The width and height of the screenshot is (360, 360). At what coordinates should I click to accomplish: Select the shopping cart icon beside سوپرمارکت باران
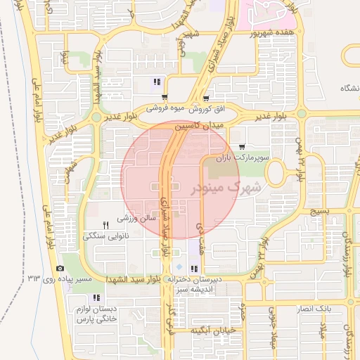click(x=243, y=147)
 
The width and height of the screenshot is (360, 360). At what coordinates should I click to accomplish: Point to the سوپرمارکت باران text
click(x=243, y=158)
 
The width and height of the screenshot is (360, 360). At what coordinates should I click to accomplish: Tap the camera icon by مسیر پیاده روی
click(x=60, y=269)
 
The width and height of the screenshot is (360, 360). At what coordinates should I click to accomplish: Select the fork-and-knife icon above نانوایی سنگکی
click(x=105, y=224)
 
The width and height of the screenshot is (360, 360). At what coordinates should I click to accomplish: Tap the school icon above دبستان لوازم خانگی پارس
click(x=96, y=297)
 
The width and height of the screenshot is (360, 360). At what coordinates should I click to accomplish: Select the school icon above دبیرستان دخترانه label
click(x=193, y=269)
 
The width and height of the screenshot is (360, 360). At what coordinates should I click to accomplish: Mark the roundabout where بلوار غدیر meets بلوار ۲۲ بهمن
click(x=301, y=113)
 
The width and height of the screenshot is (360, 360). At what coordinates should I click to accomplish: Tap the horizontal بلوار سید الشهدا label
click(x=135, y=279)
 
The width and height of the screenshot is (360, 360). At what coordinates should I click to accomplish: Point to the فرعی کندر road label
click(x=169, y=323)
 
